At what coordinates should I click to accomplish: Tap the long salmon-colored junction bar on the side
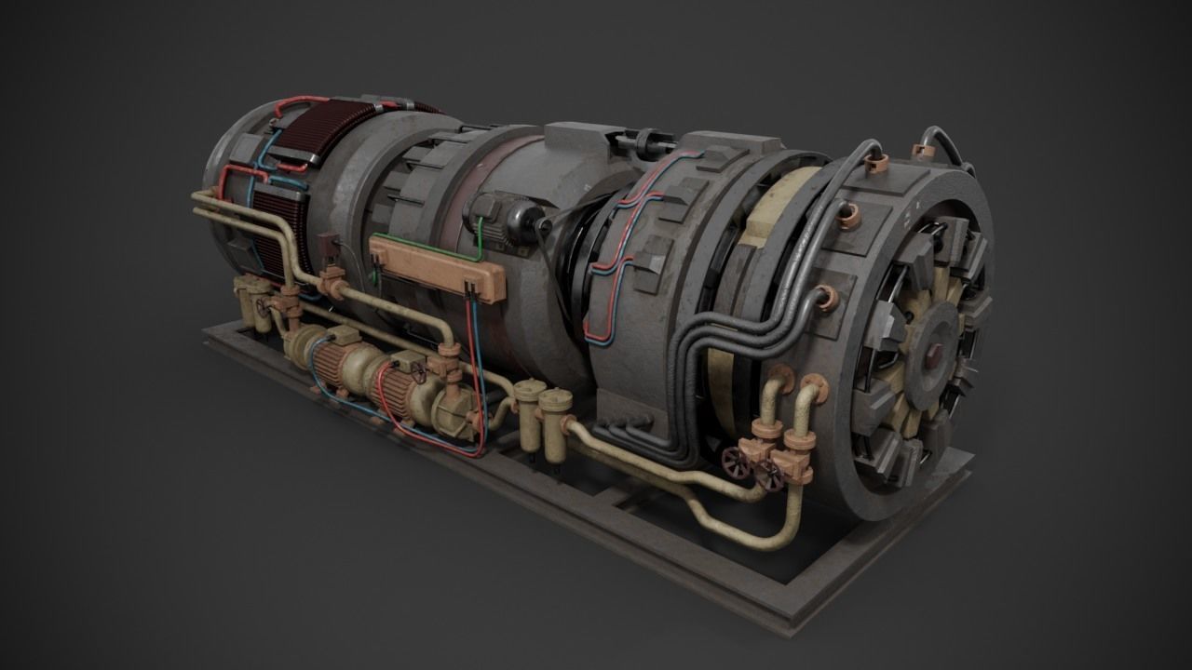437,267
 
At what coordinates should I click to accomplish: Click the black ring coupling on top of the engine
643,143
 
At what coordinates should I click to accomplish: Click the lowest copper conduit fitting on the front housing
825,298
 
